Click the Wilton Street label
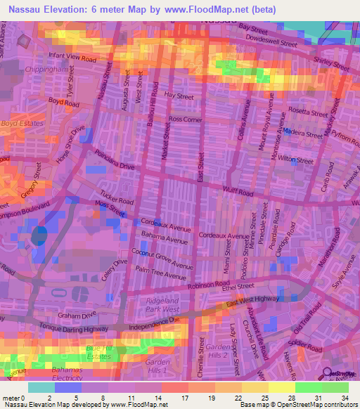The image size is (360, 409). click(x=295, y=161)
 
